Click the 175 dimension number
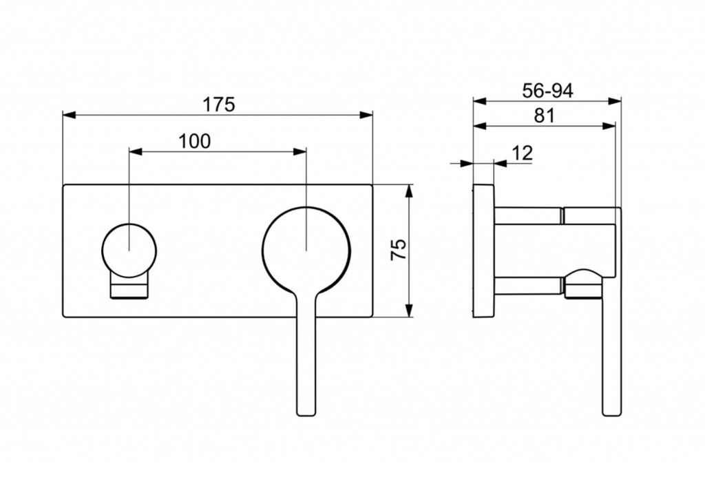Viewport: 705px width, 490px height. pos(219,105)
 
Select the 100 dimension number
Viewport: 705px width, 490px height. pos(195,141)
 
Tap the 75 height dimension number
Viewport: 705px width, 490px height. pos(399,250)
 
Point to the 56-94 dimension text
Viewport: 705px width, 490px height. pos(547,91)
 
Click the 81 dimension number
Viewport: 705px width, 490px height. pos(545,116)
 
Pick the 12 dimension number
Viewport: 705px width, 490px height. pos(522,153)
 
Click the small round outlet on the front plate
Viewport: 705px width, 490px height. pos(129,251)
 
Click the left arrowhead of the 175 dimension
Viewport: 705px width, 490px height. pos(69,115)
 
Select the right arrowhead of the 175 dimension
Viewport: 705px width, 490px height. pos(366,115)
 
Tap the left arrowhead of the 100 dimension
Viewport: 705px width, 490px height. pos(136,151)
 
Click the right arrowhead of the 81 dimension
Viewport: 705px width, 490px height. pos(609,127)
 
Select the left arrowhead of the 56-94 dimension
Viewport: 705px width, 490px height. pos(479,101)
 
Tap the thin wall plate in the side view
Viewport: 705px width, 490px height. pos(483,251)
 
